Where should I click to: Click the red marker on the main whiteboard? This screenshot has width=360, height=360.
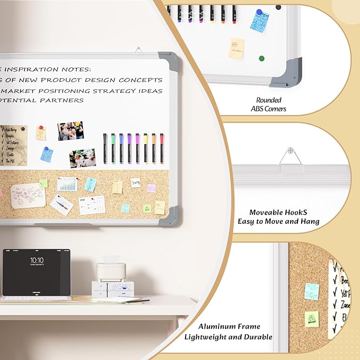[162, 148]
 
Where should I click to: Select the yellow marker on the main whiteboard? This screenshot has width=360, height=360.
[145, 148]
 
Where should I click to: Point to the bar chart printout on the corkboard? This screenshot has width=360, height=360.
[67, 184]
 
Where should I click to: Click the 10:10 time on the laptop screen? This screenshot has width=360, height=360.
[37, 260]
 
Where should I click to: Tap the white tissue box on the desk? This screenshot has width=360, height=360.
[111, 271]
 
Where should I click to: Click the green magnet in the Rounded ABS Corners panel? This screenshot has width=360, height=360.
[261, 58]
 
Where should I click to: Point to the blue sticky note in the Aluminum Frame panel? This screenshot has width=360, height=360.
[312, 291]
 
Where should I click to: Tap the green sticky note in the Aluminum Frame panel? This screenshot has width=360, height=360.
[312, 319]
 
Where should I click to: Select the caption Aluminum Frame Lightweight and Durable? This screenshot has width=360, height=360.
[228, 332]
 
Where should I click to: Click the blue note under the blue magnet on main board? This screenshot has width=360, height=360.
[47, 155]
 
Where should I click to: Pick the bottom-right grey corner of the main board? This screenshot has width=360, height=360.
[172, 216]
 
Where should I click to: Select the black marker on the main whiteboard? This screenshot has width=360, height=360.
[104, 148]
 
